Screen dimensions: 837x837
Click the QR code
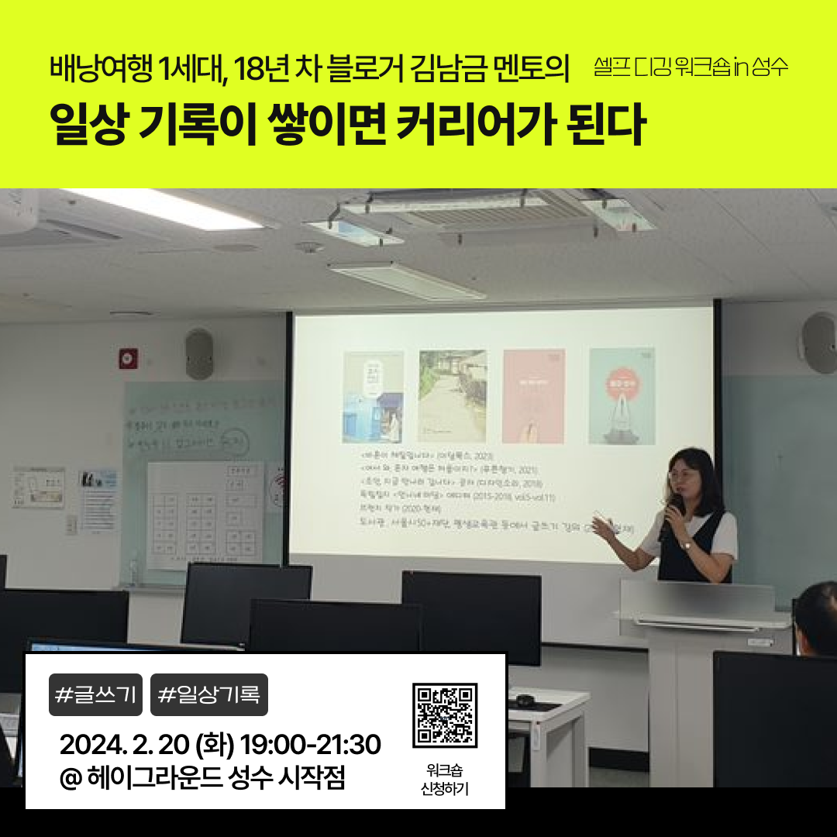tap(445, 715)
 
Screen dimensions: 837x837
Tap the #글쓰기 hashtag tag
tap(95, 695)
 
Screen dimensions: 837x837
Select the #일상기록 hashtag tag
tap(208, 695)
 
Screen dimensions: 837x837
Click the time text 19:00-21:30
tap(311, 746)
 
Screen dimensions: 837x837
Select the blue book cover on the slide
tap(373, 397)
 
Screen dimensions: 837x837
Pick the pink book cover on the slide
tap(533, 395)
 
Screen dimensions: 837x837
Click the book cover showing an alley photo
tap(453, 396)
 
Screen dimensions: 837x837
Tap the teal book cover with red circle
tap(622, 395)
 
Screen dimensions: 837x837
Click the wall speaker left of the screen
tap(199, 353)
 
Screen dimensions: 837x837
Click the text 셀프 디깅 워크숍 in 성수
tap(691, 67)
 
